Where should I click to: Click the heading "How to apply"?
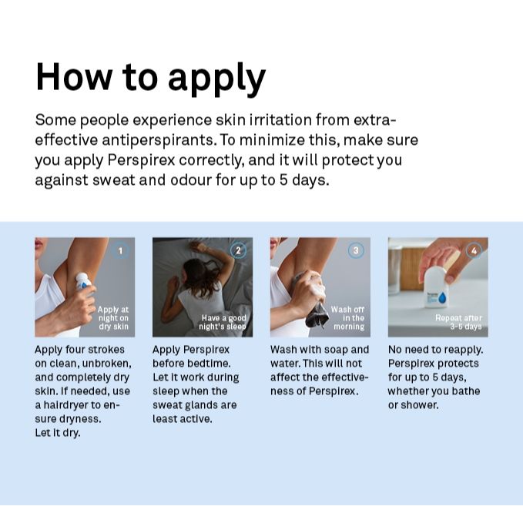pos(150,79)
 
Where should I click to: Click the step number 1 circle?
pos(120,251)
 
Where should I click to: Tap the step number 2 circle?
pos(238,251)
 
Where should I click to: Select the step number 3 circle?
pos(356,251)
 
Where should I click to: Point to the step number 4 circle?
pos(474,251)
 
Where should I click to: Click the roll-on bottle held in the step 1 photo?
pos(82,281)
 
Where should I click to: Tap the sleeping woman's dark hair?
pos(201,275)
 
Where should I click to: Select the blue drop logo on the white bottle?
pos(443,297)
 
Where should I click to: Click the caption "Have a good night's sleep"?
pos(223,322)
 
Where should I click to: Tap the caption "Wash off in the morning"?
pos(347,318)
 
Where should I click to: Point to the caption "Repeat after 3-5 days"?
pos(458,322)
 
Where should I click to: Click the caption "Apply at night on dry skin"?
pos(113,318)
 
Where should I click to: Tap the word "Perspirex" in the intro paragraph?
pos(141,160)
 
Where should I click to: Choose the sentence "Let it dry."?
pos(58,433)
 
